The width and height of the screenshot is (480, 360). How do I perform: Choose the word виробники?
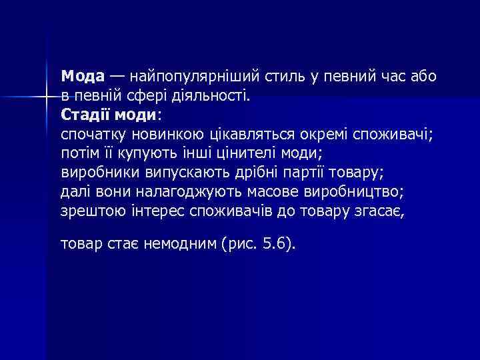pyautogui.click(x=99, y=172)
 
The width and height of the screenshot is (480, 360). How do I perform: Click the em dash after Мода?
pyautogui.click(x=117, y=75)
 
